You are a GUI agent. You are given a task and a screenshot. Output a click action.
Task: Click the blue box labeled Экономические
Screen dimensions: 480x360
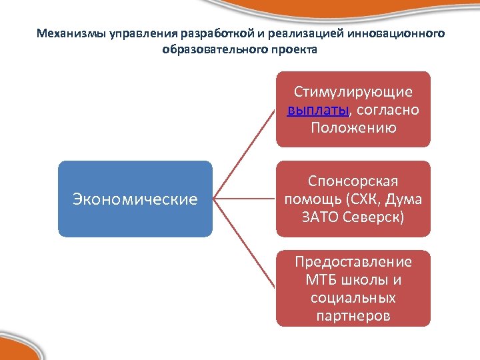pos(135,199)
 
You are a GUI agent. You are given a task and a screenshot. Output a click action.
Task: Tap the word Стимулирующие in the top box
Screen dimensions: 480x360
pos(353,92)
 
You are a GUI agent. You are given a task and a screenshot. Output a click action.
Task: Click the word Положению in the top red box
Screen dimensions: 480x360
pos(353,127)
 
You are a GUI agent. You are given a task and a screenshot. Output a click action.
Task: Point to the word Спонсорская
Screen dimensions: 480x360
pos(353,181)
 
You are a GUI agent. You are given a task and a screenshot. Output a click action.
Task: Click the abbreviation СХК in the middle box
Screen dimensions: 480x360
pos(367,199)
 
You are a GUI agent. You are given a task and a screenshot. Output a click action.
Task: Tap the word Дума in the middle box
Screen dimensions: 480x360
pos(405,199)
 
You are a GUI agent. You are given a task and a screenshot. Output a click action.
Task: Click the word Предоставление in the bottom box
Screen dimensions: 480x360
pos(353,261)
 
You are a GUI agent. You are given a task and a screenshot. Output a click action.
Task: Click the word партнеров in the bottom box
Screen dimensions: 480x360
pos(353,315)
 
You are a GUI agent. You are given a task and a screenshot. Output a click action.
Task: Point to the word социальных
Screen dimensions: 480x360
pos(353,297)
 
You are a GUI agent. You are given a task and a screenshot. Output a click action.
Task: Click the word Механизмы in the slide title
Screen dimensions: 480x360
pos(67,33)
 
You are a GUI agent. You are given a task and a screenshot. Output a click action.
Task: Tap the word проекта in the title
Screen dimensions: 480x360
pos(297,49)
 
